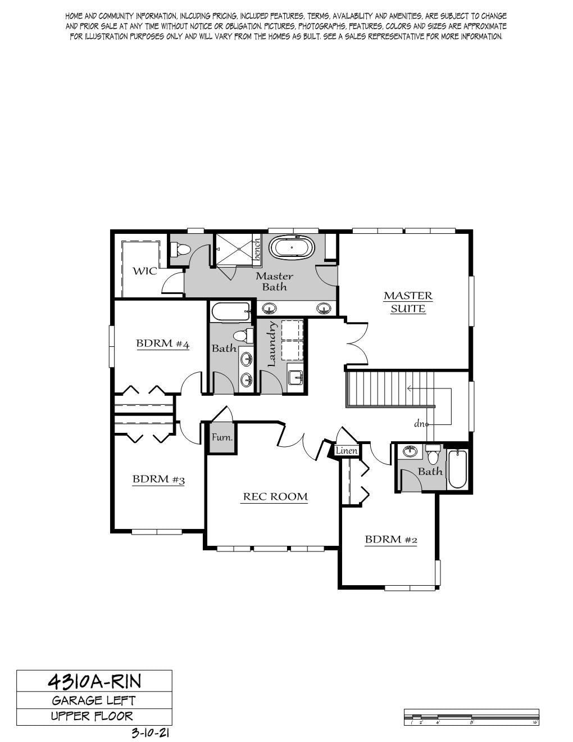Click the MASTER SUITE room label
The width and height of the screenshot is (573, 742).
[408, 302]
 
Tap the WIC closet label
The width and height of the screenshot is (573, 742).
[145, 272]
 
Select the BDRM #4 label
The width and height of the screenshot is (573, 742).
[163, 343]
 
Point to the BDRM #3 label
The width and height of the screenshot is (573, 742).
[158, 479]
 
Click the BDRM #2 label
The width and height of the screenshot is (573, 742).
[391, 540]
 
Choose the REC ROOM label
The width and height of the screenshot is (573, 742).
[275, 496]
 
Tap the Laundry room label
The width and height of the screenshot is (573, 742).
[272, 344]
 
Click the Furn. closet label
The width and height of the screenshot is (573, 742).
[222, 437]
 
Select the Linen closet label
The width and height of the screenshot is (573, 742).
[347, 451]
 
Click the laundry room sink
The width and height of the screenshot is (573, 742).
[295, 377]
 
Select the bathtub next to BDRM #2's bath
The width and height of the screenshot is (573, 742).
[457, 470]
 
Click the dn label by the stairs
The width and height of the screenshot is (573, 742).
[420, 424]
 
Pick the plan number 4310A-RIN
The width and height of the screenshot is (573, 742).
[94, 681]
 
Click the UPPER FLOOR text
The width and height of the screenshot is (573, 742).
[92, 716]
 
